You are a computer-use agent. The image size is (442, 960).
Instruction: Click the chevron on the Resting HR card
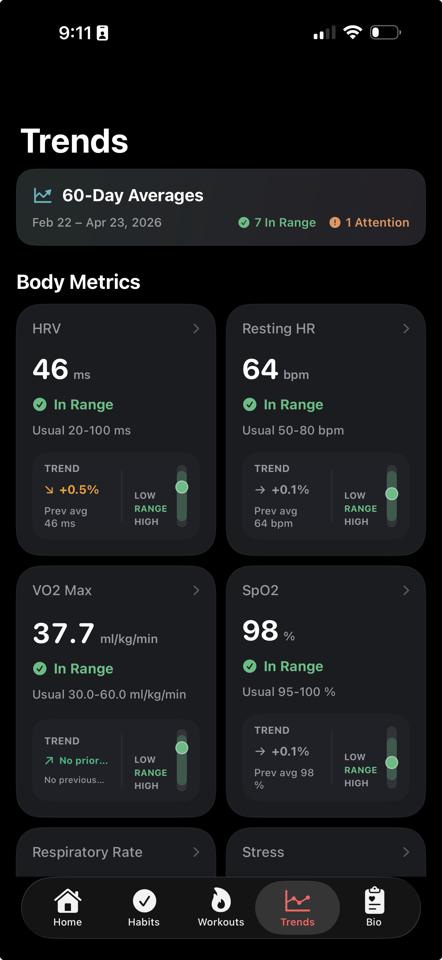pos(406,328)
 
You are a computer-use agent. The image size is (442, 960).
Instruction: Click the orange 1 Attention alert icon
pos(335,223)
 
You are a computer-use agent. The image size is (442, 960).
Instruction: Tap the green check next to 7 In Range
pos(244,223)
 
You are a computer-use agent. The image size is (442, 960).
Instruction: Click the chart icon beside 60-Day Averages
pos(43,195)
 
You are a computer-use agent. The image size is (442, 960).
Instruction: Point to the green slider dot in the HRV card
pos(182,487)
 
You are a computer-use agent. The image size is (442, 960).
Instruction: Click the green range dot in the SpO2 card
pos(392,762)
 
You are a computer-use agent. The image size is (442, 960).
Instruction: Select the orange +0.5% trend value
pos(79,489)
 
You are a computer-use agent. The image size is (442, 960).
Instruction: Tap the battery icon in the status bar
pos(385,32)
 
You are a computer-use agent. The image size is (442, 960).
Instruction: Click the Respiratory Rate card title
pos(88,852)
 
